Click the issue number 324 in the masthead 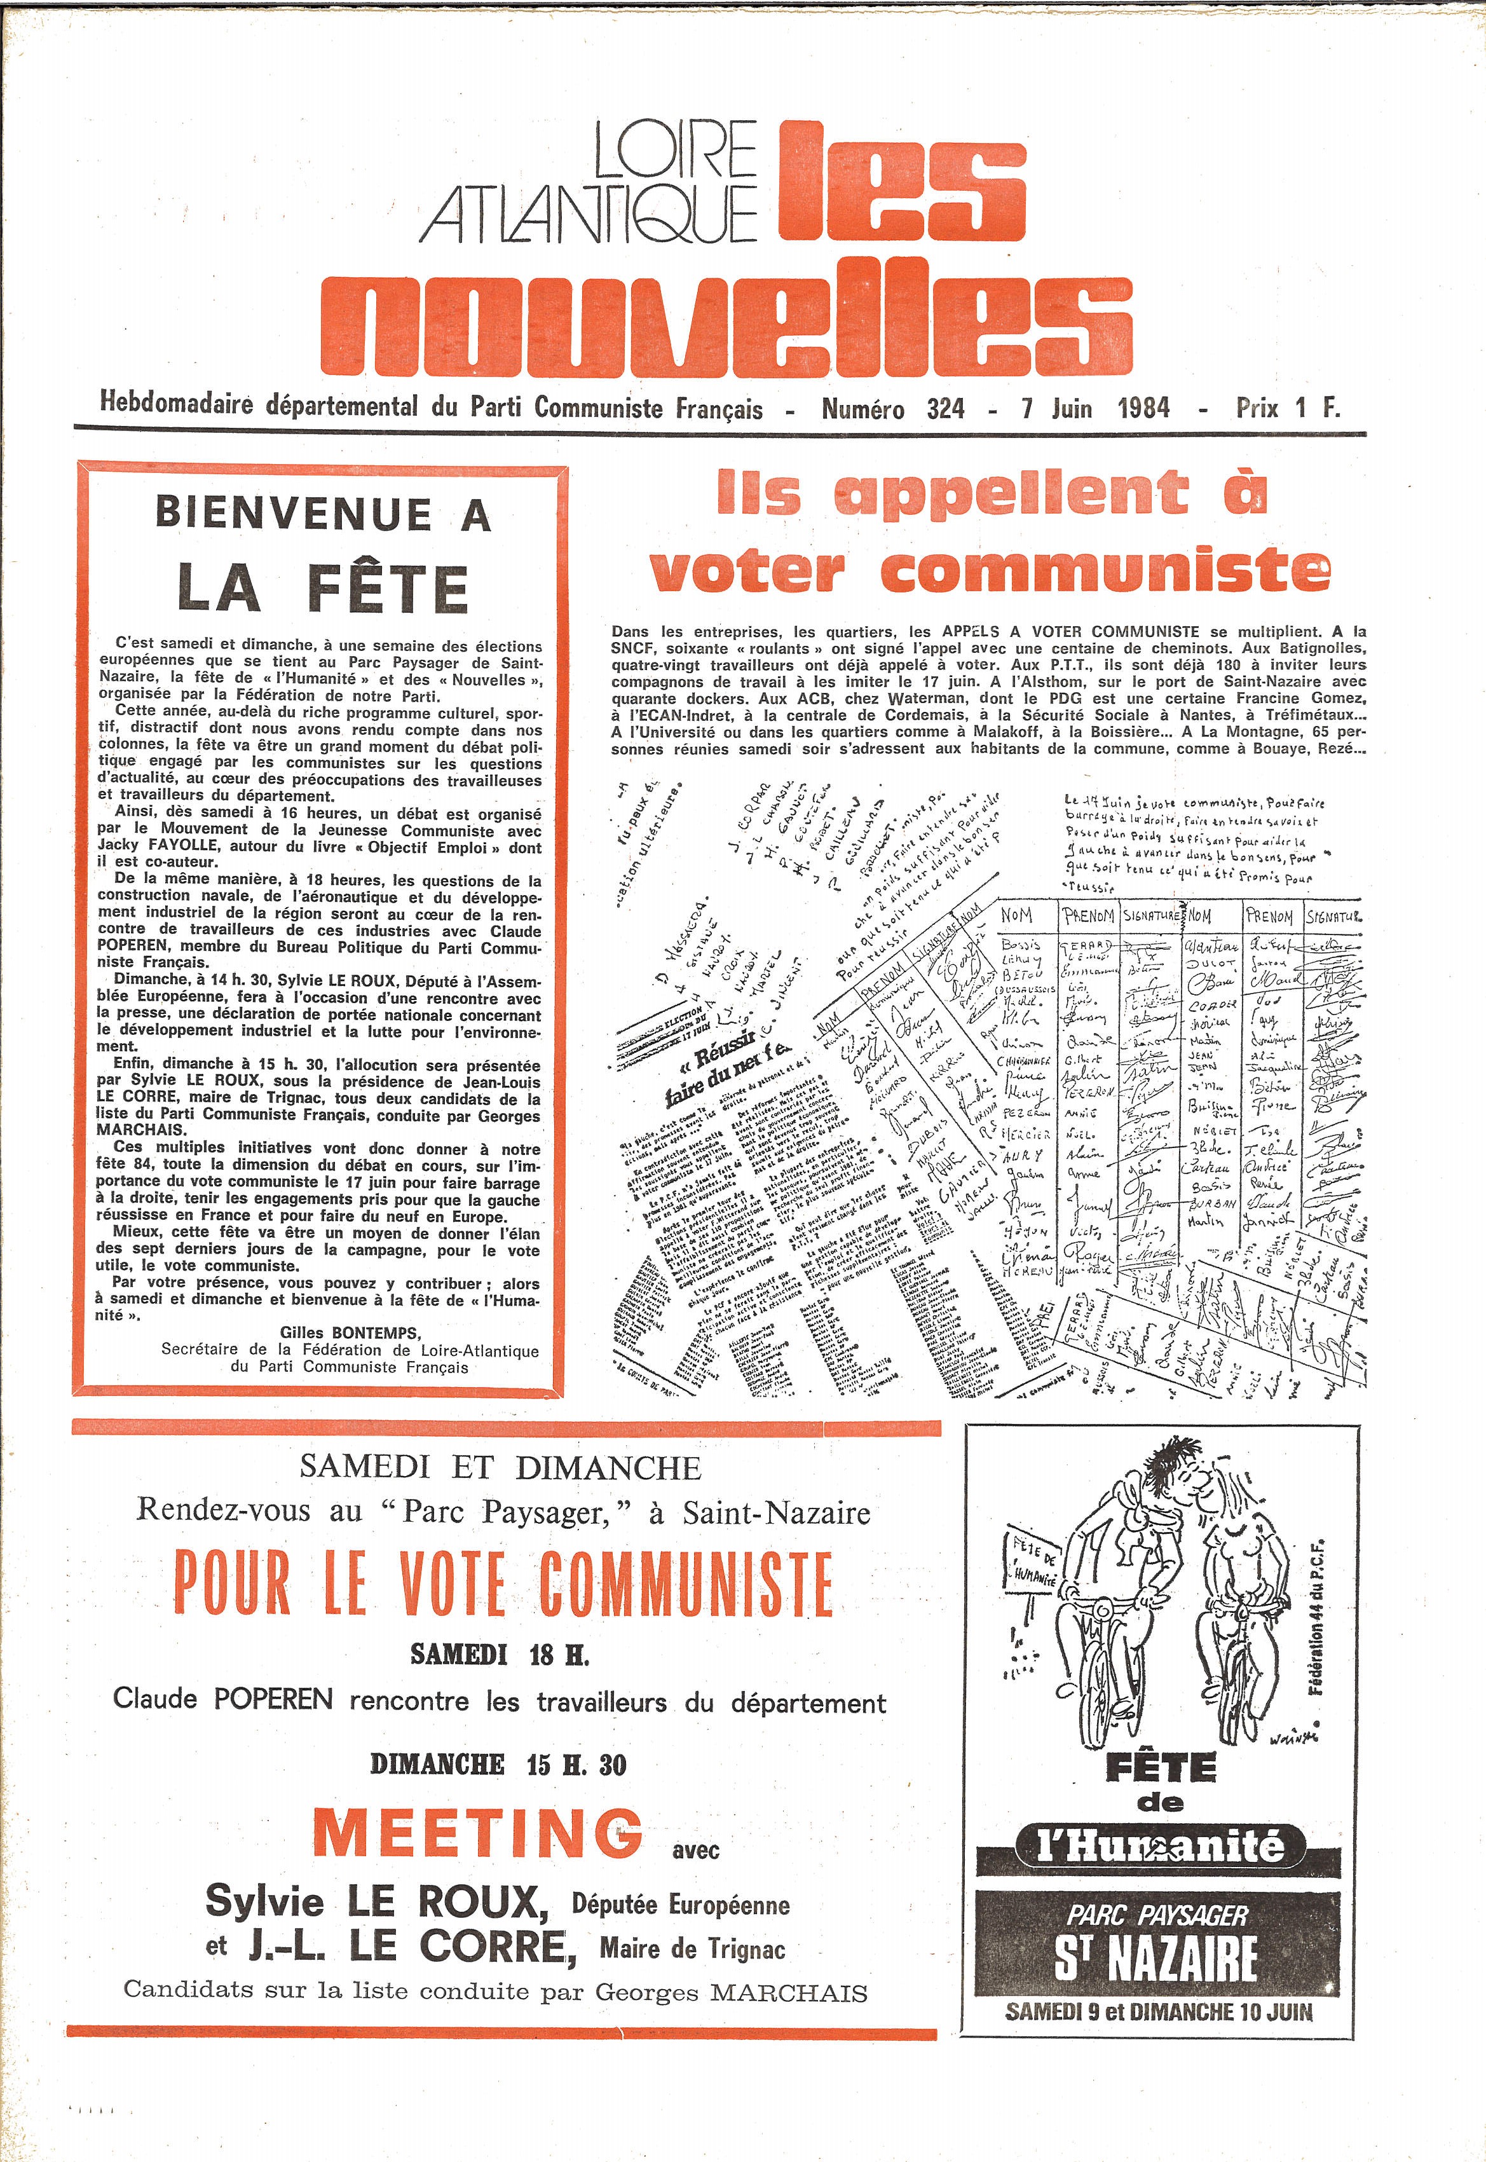point(945,409)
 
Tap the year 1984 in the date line point(1143,408)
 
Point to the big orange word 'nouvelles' point(726,326)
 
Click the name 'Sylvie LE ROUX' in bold point(377,1901)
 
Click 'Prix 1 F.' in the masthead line point(1288,408)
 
